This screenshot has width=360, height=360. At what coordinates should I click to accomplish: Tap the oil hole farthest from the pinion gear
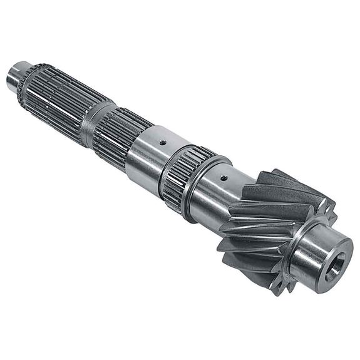[162, 142]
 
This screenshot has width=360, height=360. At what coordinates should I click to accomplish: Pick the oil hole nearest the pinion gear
[224, 178]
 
